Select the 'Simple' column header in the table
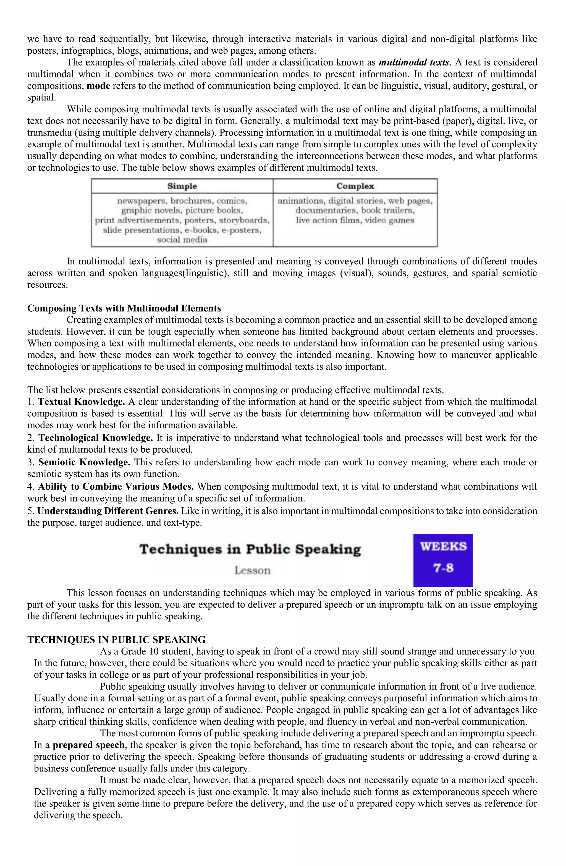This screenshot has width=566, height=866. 182,186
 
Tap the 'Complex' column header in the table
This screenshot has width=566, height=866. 355,186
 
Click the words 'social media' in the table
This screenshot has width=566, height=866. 182,240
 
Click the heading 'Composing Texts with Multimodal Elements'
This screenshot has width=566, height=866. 124,308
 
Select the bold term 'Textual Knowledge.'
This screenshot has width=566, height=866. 82,402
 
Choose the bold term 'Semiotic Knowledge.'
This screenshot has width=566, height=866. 84,462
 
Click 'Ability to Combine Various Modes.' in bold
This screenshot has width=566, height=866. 116,486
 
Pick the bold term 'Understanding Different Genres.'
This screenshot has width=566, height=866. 108,511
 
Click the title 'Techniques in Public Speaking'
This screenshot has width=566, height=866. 250,549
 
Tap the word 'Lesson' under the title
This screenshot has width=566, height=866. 252,570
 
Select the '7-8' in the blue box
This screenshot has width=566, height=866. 443,568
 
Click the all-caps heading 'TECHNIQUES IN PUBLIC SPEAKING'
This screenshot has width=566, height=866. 116,640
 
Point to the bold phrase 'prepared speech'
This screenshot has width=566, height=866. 88,745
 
